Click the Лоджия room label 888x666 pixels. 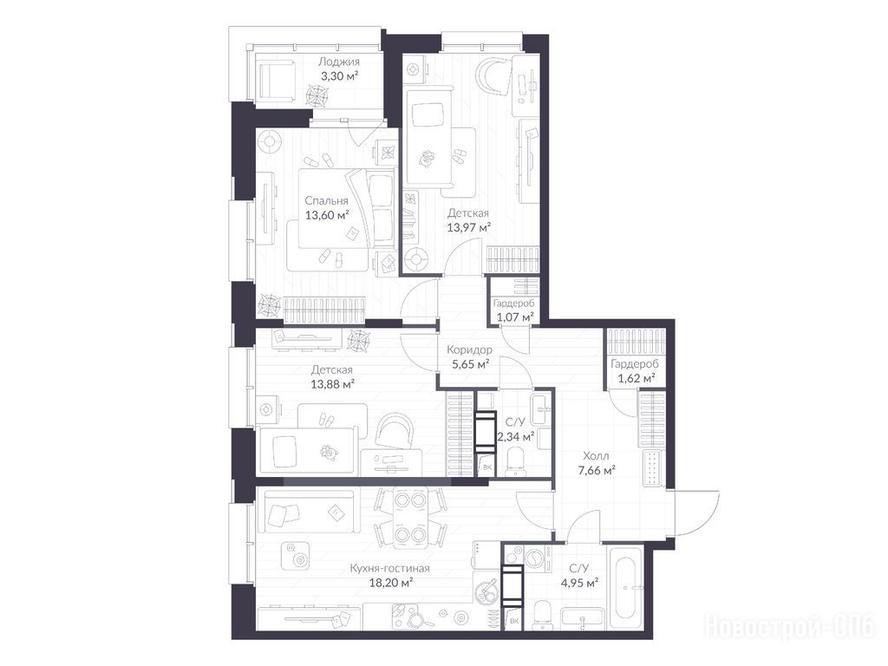coord(339,62)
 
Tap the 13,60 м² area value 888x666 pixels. coord(327,215)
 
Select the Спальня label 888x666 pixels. coord(326,200)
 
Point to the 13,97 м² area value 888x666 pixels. coord(469,228)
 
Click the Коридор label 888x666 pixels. coord(469,349)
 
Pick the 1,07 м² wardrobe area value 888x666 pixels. coord(515,317)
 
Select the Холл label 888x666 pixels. coord(597,455)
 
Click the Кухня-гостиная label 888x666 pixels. coord(389,568)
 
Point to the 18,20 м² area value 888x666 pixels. coord(390,582)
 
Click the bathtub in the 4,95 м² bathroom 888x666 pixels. coord(625,588)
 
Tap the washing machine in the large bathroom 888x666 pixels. coord(533,559)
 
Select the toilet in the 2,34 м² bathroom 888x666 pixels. coord(515,460)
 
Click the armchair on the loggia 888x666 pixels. coord(277,79)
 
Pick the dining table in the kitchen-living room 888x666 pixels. coord(410,518)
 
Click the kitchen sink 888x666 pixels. coord(486,592)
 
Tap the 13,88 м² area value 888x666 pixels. coord(333,384)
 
